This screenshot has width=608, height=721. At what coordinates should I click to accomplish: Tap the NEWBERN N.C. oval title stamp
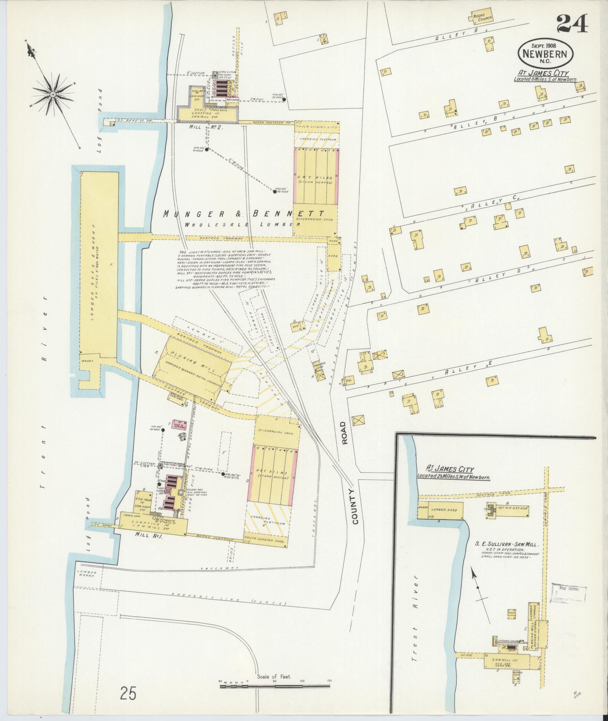[x=545, y=54]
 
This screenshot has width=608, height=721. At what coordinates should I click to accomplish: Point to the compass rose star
[x=53, y=93]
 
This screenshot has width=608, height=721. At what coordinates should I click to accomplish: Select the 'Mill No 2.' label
[x=207, y=127]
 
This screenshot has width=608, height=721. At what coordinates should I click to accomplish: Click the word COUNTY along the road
[x=355, y=507]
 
